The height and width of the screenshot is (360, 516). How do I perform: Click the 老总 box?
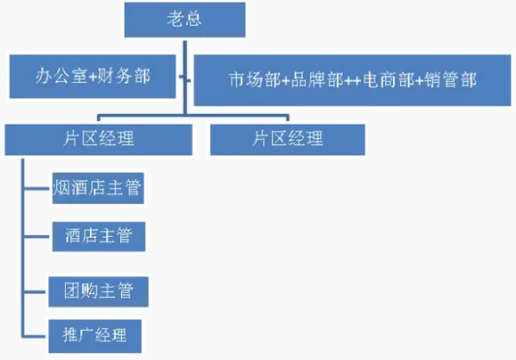(x=184, y=20)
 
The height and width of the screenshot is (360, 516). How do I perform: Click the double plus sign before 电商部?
(x=353, y=80)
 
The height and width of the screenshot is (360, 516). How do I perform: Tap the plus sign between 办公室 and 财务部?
(x=93, y=77)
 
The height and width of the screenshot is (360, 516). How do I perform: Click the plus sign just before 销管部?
(x=419, y=80)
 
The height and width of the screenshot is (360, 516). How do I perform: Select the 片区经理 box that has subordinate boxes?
(x=98, y=140)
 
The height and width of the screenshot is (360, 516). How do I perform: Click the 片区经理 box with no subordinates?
(x=287, y=140)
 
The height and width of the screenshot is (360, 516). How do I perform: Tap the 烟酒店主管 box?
(x=98, y=188)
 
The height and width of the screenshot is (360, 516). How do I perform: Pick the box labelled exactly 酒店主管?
(x=99, y=237)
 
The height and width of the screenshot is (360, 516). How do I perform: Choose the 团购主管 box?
(x=98, y=292)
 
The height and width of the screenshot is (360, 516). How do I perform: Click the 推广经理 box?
(x=94, y=336)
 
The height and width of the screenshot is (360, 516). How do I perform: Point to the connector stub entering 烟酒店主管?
(x=37, y=189)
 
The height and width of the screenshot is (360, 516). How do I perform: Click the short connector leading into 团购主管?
(x=35, y=292)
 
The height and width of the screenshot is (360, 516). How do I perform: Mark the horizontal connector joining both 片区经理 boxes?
(x=193, y=116)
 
